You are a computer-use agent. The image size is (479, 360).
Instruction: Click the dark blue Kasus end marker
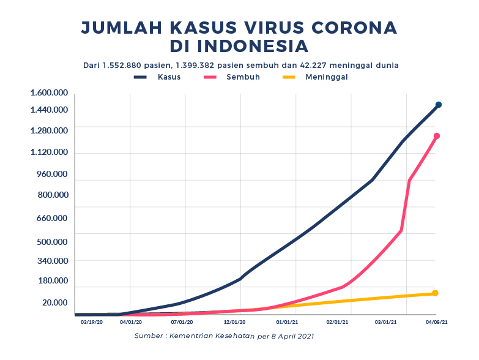click(x=438, y=105)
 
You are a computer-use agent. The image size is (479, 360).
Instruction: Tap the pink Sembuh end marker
click(x=437, y=136)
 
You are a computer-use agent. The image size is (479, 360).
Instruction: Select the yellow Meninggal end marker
click(x=435, y=293)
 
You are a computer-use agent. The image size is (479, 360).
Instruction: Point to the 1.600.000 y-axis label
click(x=49, y=92)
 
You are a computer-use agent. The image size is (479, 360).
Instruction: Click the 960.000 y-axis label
click(x=53, y=174)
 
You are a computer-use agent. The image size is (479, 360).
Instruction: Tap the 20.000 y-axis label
click(x=54, y=302)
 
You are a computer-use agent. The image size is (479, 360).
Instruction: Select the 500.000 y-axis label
click(x=53, y=241)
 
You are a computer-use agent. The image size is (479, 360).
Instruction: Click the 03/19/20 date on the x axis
click(x=92, y=321)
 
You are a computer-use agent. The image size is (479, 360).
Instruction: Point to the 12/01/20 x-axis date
click(x=235, y=321)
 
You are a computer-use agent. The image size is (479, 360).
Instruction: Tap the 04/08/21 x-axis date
click(x=437, y=321)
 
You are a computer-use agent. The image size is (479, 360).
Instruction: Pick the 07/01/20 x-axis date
click(x=182, y=321)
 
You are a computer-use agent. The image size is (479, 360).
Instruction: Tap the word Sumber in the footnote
click(x=149, y=336)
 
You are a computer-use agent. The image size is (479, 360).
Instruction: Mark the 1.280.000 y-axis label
click(x=49, y=130)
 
